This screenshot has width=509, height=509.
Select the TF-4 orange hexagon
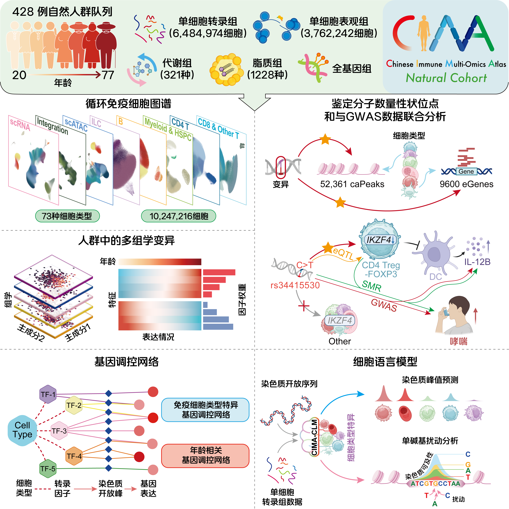pyautogui.click(x=74, y=456)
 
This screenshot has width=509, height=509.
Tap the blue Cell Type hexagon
pyautogui.click(x=22, y=430)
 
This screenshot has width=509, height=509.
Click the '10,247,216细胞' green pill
pyautogui.click(x=179, y=216)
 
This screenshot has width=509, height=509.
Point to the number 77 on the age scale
pyautogui.click(x=108, y=75)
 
